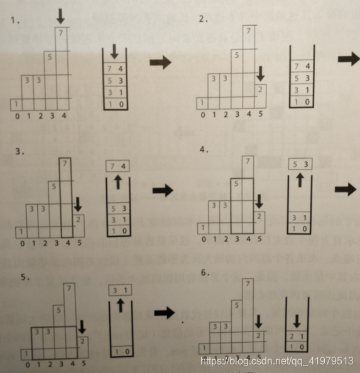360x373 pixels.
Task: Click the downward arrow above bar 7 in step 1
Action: [x=60, y=16]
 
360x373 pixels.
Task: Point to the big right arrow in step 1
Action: [x=160, y=62]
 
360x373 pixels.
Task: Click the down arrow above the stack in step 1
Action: [x=114, y=50]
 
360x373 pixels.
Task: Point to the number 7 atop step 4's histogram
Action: [x=248, y=162]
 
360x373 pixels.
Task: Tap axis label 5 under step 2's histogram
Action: [x=260, y=115]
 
